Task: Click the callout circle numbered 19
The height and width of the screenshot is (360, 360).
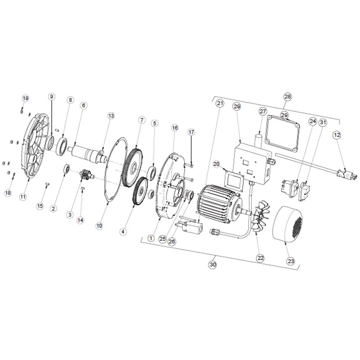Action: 25,99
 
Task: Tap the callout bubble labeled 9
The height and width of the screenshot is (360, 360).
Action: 52,97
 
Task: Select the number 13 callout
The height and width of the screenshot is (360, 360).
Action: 111,116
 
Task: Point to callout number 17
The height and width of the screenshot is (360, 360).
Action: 191,132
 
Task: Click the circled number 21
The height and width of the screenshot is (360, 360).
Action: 220,103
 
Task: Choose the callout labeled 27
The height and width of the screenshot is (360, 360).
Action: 263,112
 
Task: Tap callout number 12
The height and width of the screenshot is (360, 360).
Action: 337,135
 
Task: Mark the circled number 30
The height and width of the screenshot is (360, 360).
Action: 213,265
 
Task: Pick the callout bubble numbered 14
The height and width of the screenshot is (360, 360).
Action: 81,220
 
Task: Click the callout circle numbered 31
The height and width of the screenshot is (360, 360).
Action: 323,122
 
